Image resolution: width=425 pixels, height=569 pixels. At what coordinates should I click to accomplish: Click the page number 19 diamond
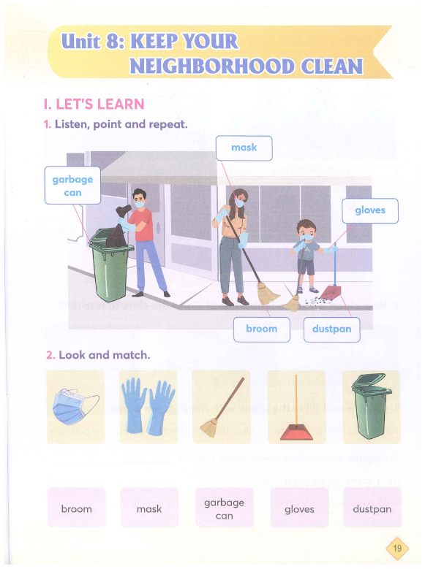click(397, 548)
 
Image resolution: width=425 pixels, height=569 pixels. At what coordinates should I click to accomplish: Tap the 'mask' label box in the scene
click(244, 148)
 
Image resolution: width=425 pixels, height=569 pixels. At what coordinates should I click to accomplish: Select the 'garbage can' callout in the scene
click(72, 186)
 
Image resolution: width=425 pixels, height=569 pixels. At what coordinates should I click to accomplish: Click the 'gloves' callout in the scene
click(369, 210)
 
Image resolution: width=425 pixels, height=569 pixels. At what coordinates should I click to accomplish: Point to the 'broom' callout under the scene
click(262, 329)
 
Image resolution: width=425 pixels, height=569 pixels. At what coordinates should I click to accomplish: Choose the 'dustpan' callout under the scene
click(332, 329)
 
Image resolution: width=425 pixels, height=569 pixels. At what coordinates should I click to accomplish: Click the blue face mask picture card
click(75, 407)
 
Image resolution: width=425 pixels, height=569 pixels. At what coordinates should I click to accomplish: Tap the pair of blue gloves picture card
click(148, 407)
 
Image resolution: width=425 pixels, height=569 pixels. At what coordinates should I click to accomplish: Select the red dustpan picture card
click(296, 407)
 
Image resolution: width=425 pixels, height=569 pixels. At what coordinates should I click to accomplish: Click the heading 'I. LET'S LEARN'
click(94, 104)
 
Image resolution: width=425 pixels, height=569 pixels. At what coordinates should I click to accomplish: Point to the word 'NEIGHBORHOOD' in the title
click(212, 66)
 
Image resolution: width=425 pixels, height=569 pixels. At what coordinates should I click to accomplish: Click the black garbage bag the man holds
click(119, 227)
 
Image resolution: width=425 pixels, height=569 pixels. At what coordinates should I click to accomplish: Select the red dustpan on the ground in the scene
click(331, 292)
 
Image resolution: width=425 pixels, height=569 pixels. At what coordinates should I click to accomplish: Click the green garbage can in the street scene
click(110, 264)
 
